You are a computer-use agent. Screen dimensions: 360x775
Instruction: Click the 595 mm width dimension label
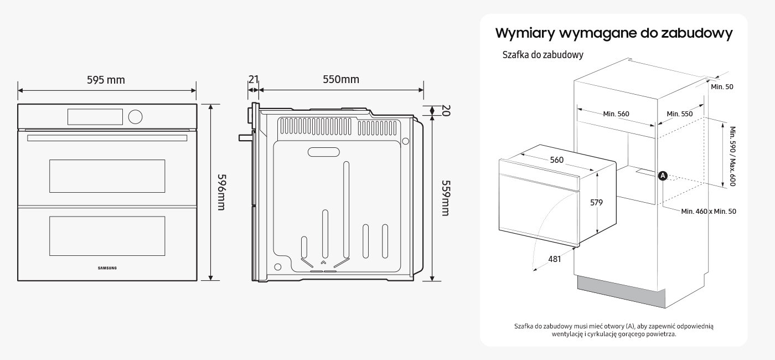point(106,80)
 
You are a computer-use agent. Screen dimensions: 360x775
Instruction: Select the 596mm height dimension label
point(220,192)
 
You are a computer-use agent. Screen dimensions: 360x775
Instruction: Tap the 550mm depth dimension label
point(341,79)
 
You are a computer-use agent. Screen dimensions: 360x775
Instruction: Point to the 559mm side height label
point(445,198)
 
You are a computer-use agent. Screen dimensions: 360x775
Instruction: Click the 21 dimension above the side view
point(253,79)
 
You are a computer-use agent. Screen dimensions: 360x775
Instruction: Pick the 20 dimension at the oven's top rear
point(446,111)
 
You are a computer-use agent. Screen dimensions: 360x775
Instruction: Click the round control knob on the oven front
point(135,116)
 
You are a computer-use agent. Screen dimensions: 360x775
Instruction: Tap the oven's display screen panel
point(95,116)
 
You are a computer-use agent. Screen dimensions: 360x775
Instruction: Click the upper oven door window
point(107,176)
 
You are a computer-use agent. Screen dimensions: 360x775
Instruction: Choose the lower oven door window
point(107,236)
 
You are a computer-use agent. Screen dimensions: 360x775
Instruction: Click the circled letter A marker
point(663,176)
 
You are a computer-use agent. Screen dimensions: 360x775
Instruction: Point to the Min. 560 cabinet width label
point(616,114)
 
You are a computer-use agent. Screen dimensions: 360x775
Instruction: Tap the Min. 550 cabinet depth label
point(679,114)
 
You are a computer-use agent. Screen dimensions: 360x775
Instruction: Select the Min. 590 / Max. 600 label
point(732,156)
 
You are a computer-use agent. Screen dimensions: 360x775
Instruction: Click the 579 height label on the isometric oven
point(596,203)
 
